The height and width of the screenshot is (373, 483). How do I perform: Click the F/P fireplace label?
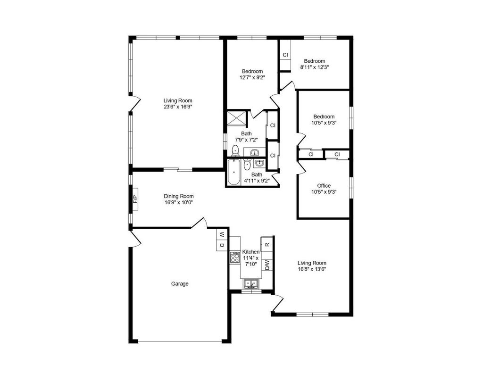click(x=135, y=199)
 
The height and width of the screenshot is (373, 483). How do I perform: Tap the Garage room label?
click(x=180, y=284)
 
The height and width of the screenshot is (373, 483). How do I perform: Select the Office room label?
click(x=324, y=185)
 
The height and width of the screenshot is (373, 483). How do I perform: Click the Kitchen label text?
click(x=251, y=252)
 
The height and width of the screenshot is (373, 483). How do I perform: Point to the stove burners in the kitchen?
click(x=235, y=257)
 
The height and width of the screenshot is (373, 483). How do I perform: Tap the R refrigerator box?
click(x=267, y=244)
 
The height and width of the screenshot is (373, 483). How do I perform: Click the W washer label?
click(x=223, y=235)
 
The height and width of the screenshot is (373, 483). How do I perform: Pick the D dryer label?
click(x=223, y=246)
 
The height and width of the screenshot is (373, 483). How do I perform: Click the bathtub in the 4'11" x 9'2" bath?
click(x=234, y=173)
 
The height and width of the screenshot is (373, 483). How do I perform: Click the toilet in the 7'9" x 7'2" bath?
click(x=235, y=150)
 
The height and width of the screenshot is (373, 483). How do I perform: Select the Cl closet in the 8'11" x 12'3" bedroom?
click(x=285, y=55)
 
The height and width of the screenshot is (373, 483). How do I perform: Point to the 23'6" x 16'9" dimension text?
click(x=178, y=107)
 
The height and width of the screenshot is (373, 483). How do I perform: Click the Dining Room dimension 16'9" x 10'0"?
click(x=179, y=202)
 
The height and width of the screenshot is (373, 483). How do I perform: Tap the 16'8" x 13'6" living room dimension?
click(x=312, y=269)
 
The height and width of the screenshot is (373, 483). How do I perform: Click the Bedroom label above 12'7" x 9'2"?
click(x=252, y=71)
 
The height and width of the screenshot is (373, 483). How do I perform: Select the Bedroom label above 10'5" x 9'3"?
click(x=324, y=116)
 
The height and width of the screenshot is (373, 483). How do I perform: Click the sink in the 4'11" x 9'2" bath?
click(x=259, y=163)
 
